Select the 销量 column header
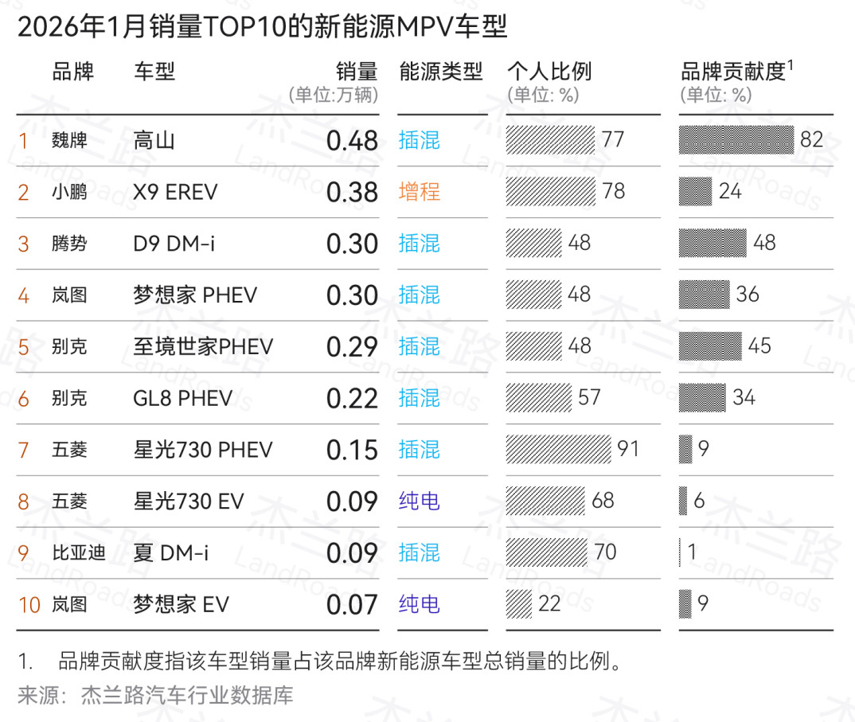pos(356,72)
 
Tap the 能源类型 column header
pos(441,72)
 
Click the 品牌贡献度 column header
pos(733,72)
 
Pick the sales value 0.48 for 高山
pos(352,141)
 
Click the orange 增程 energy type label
pos(420,192)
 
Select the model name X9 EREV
pos(175,193)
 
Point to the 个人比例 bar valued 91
pos(558,449)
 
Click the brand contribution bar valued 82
pos(736,140)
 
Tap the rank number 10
pos(29,605)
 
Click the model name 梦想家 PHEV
pos(195,295)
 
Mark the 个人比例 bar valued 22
pos(519,603)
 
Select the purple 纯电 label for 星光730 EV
pos(420,501)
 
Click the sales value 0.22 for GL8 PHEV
pos(352,398)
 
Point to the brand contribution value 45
pos(759,346)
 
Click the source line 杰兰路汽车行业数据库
pos(187,696)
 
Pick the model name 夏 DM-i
pos(171,552)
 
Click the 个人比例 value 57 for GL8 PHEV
pos(589,397)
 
